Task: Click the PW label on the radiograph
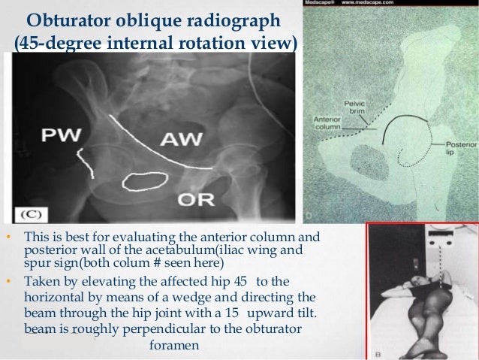point(56,137)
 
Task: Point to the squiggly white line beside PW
point(83,159)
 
